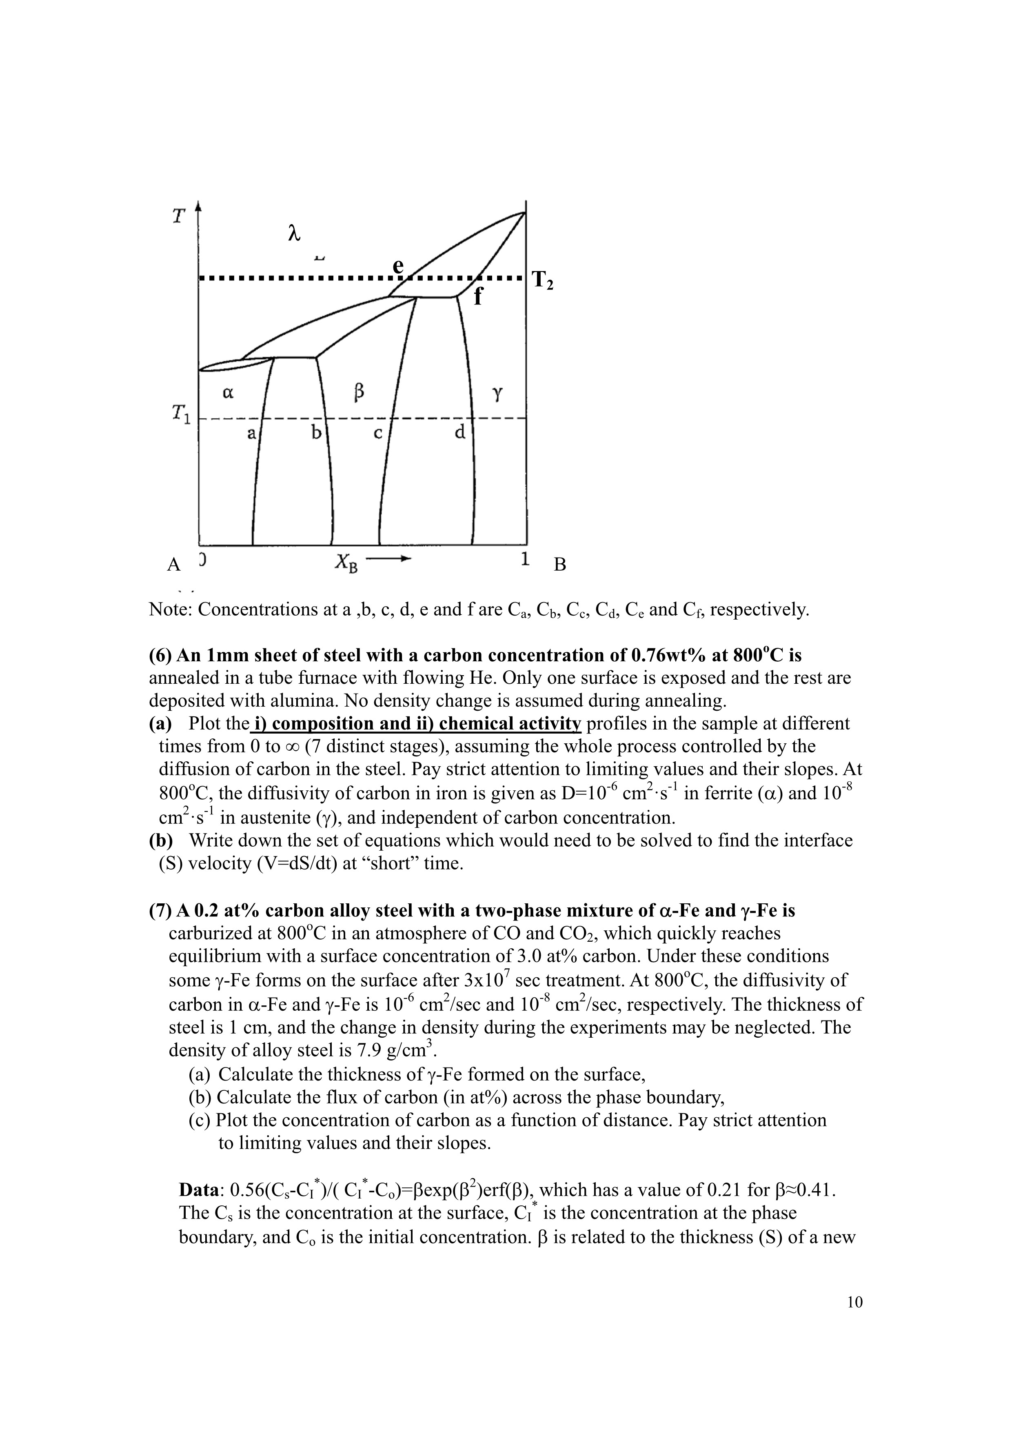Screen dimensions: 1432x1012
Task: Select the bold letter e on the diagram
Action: (x=398, y=266)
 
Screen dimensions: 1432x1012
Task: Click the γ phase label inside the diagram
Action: (x=497, y=394)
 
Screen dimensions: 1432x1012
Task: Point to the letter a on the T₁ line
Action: (x=251, y=432)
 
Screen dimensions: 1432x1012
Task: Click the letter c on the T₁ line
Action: (x=377, y=433)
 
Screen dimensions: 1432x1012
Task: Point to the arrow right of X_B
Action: (x=389, y=558)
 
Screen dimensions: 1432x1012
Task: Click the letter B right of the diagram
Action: (x=560, y=565)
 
